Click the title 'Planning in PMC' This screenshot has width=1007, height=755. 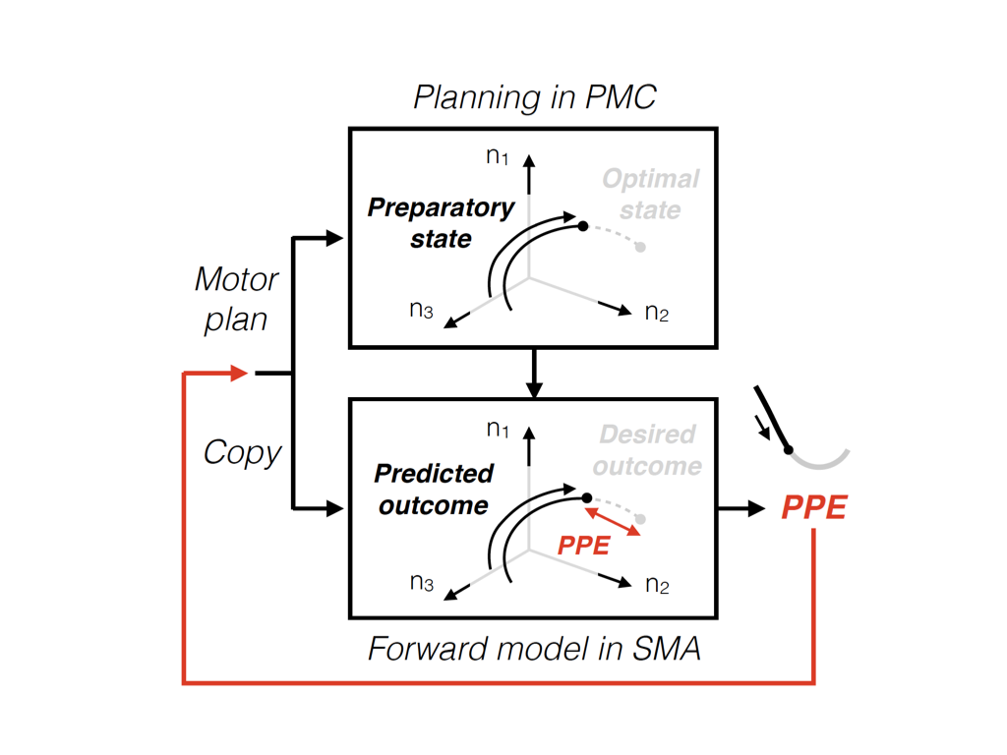pyautogui.click(x=534, y=98)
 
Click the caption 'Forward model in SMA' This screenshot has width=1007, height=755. pyautogui.click(x=534, y=650)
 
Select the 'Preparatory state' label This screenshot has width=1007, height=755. pyautogui.click(x=441, y=223)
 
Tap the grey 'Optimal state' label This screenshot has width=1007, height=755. pyautogui.click(x=650, y=195)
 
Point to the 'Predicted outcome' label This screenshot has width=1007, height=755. pyautogui.click(x=433, y=490)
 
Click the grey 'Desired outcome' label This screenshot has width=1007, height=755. pyautogui.click(x=646, y=449)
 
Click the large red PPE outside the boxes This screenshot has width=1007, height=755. pyautogui.click(x=813, y=508)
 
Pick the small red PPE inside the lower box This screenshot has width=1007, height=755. pyautogui.click(x=584, y=546)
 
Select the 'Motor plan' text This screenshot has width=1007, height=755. pyautogui.click(x=236, y=299)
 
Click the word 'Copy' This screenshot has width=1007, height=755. pyautogui.click(x=242, y=452)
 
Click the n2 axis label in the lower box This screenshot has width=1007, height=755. pyautogui.click(x=657, y=585)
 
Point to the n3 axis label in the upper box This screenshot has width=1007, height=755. pyautogui.click(x=422, y=311)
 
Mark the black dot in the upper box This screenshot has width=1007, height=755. pyautogui.click(x=583, y=226)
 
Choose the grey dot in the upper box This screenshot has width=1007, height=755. pyautogui.click(x=640, y=247)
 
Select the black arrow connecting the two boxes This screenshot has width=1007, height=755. pyautogui.click(x=533, y=374)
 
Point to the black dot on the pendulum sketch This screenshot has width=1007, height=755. pyautogui.click(x=789, y=450)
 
